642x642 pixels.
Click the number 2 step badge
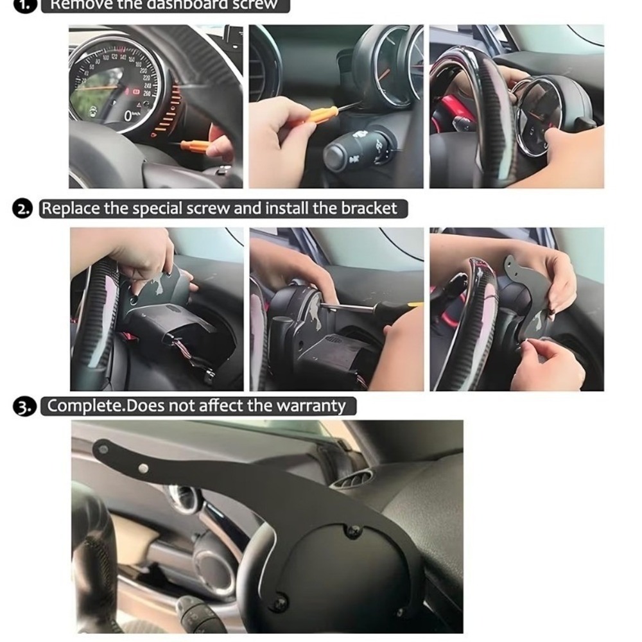[x=22, y=209]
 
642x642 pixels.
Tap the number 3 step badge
[x=22, y=407]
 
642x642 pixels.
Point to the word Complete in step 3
[x=82, y=406]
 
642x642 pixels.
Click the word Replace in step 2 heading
[x=69, y=209]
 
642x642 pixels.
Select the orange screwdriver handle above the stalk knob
[x=319, y=116]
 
